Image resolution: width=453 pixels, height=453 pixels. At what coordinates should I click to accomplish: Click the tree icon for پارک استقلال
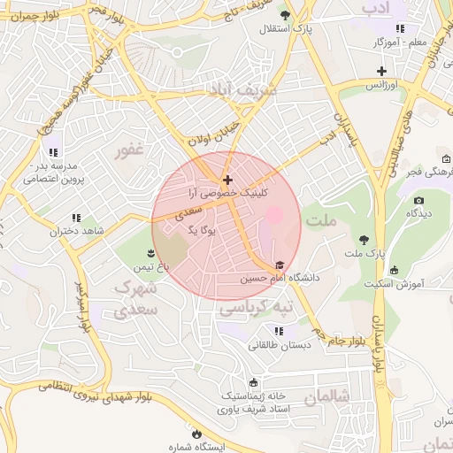(x=284, y=15)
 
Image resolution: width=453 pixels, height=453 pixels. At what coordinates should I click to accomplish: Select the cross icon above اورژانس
(x=381, y=71)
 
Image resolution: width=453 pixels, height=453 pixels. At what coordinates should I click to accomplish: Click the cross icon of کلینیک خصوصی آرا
(x=227, y=180)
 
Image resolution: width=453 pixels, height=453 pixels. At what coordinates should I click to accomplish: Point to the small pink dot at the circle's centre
(x=274, y=214)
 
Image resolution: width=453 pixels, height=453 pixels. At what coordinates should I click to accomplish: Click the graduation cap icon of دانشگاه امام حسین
(x=280, y=265)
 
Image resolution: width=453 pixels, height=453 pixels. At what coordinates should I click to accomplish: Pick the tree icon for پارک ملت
(x=364, y=239)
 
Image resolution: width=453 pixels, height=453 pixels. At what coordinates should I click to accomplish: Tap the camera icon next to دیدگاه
(x=418, y=200)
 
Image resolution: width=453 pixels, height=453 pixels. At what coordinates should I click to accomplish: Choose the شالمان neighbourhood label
(x=328, y=397)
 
